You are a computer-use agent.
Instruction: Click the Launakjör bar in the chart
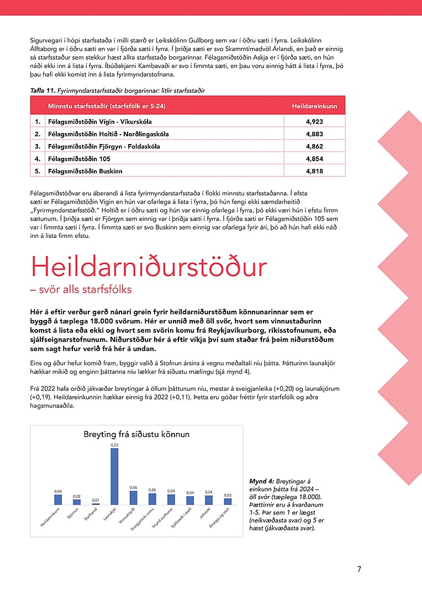114,476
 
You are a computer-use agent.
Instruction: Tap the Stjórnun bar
77,502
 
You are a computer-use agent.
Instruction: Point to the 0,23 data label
114,445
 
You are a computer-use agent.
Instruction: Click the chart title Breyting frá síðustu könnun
136,434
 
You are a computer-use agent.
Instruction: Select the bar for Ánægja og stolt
228,501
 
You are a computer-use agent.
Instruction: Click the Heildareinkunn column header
314,105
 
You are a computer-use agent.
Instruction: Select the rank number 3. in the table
38,146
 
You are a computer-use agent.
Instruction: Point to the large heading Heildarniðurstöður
149,268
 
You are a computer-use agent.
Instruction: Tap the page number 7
359,569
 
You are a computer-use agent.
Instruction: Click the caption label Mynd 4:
260,482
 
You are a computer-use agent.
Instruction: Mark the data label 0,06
133,487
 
